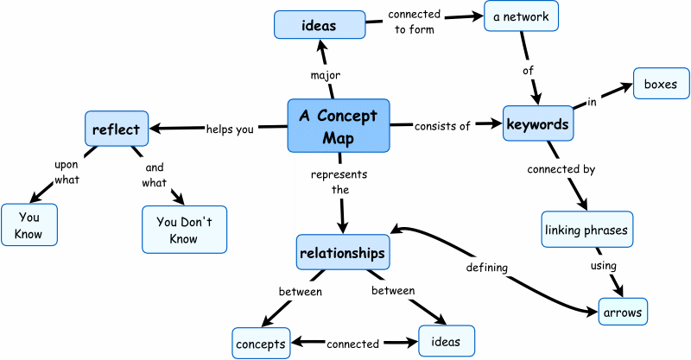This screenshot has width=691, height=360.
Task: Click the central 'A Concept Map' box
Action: pos(339,125)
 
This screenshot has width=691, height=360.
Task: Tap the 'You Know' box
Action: pos(29,225)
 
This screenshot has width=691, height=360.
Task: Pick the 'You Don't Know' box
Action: pos(184,229)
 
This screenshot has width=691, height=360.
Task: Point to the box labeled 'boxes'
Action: pos(662,85)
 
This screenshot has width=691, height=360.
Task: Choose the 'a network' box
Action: pos(522,15)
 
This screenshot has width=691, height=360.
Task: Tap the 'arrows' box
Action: pos(622,310)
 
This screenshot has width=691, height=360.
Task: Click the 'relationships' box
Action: pos(341,253)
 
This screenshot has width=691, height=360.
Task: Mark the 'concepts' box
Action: pos(260,344)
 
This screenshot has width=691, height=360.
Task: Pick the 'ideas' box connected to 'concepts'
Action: pos(446,341)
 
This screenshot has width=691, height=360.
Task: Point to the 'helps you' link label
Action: pos(230,129)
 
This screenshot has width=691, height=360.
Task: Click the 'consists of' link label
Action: pos(442,126)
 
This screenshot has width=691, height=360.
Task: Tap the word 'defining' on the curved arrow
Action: pos(486,268)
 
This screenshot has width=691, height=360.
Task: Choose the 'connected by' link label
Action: pos(561,170)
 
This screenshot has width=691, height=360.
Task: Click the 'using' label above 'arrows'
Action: pos(603,266)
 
